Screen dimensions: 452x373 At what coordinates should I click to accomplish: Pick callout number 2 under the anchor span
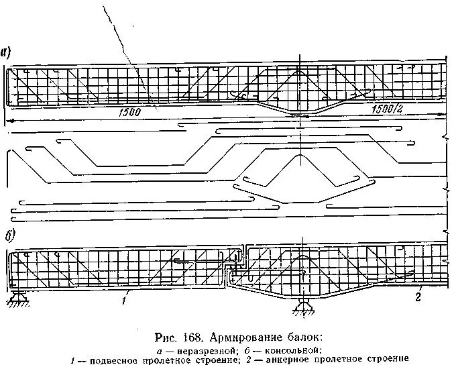[x=417, y=297]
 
